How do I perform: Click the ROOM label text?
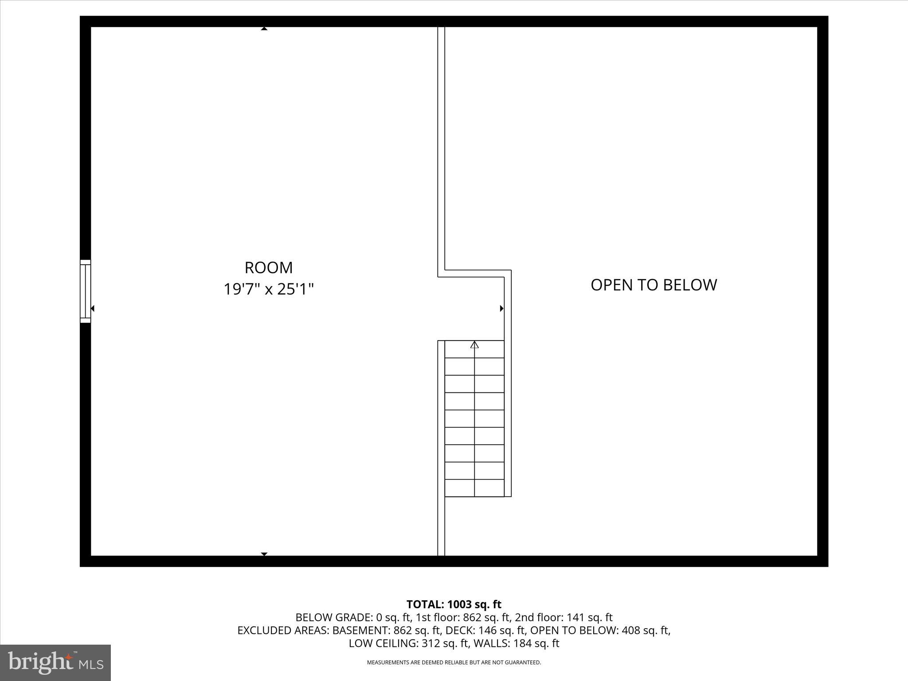pos(268,268)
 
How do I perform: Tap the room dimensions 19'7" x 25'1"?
pos(268,290)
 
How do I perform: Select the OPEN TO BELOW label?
pos(654,285)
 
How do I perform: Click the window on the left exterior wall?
pos(85,291)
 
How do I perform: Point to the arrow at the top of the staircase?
pos(474,344)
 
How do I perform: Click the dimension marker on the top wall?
pos(264,29)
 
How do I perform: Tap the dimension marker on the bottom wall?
pos(264,554)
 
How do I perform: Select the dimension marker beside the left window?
pos(93,308)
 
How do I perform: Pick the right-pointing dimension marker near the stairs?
pos(501,308)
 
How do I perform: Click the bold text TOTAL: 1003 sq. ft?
pos(454,604)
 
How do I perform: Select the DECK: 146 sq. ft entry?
pos(485,630)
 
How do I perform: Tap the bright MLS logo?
pos(55,662)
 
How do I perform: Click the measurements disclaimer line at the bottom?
pos(454,662)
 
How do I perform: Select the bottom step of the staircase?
pos(474,488)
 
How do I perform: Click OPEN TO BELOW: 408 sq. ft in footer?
pos(599,630)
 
